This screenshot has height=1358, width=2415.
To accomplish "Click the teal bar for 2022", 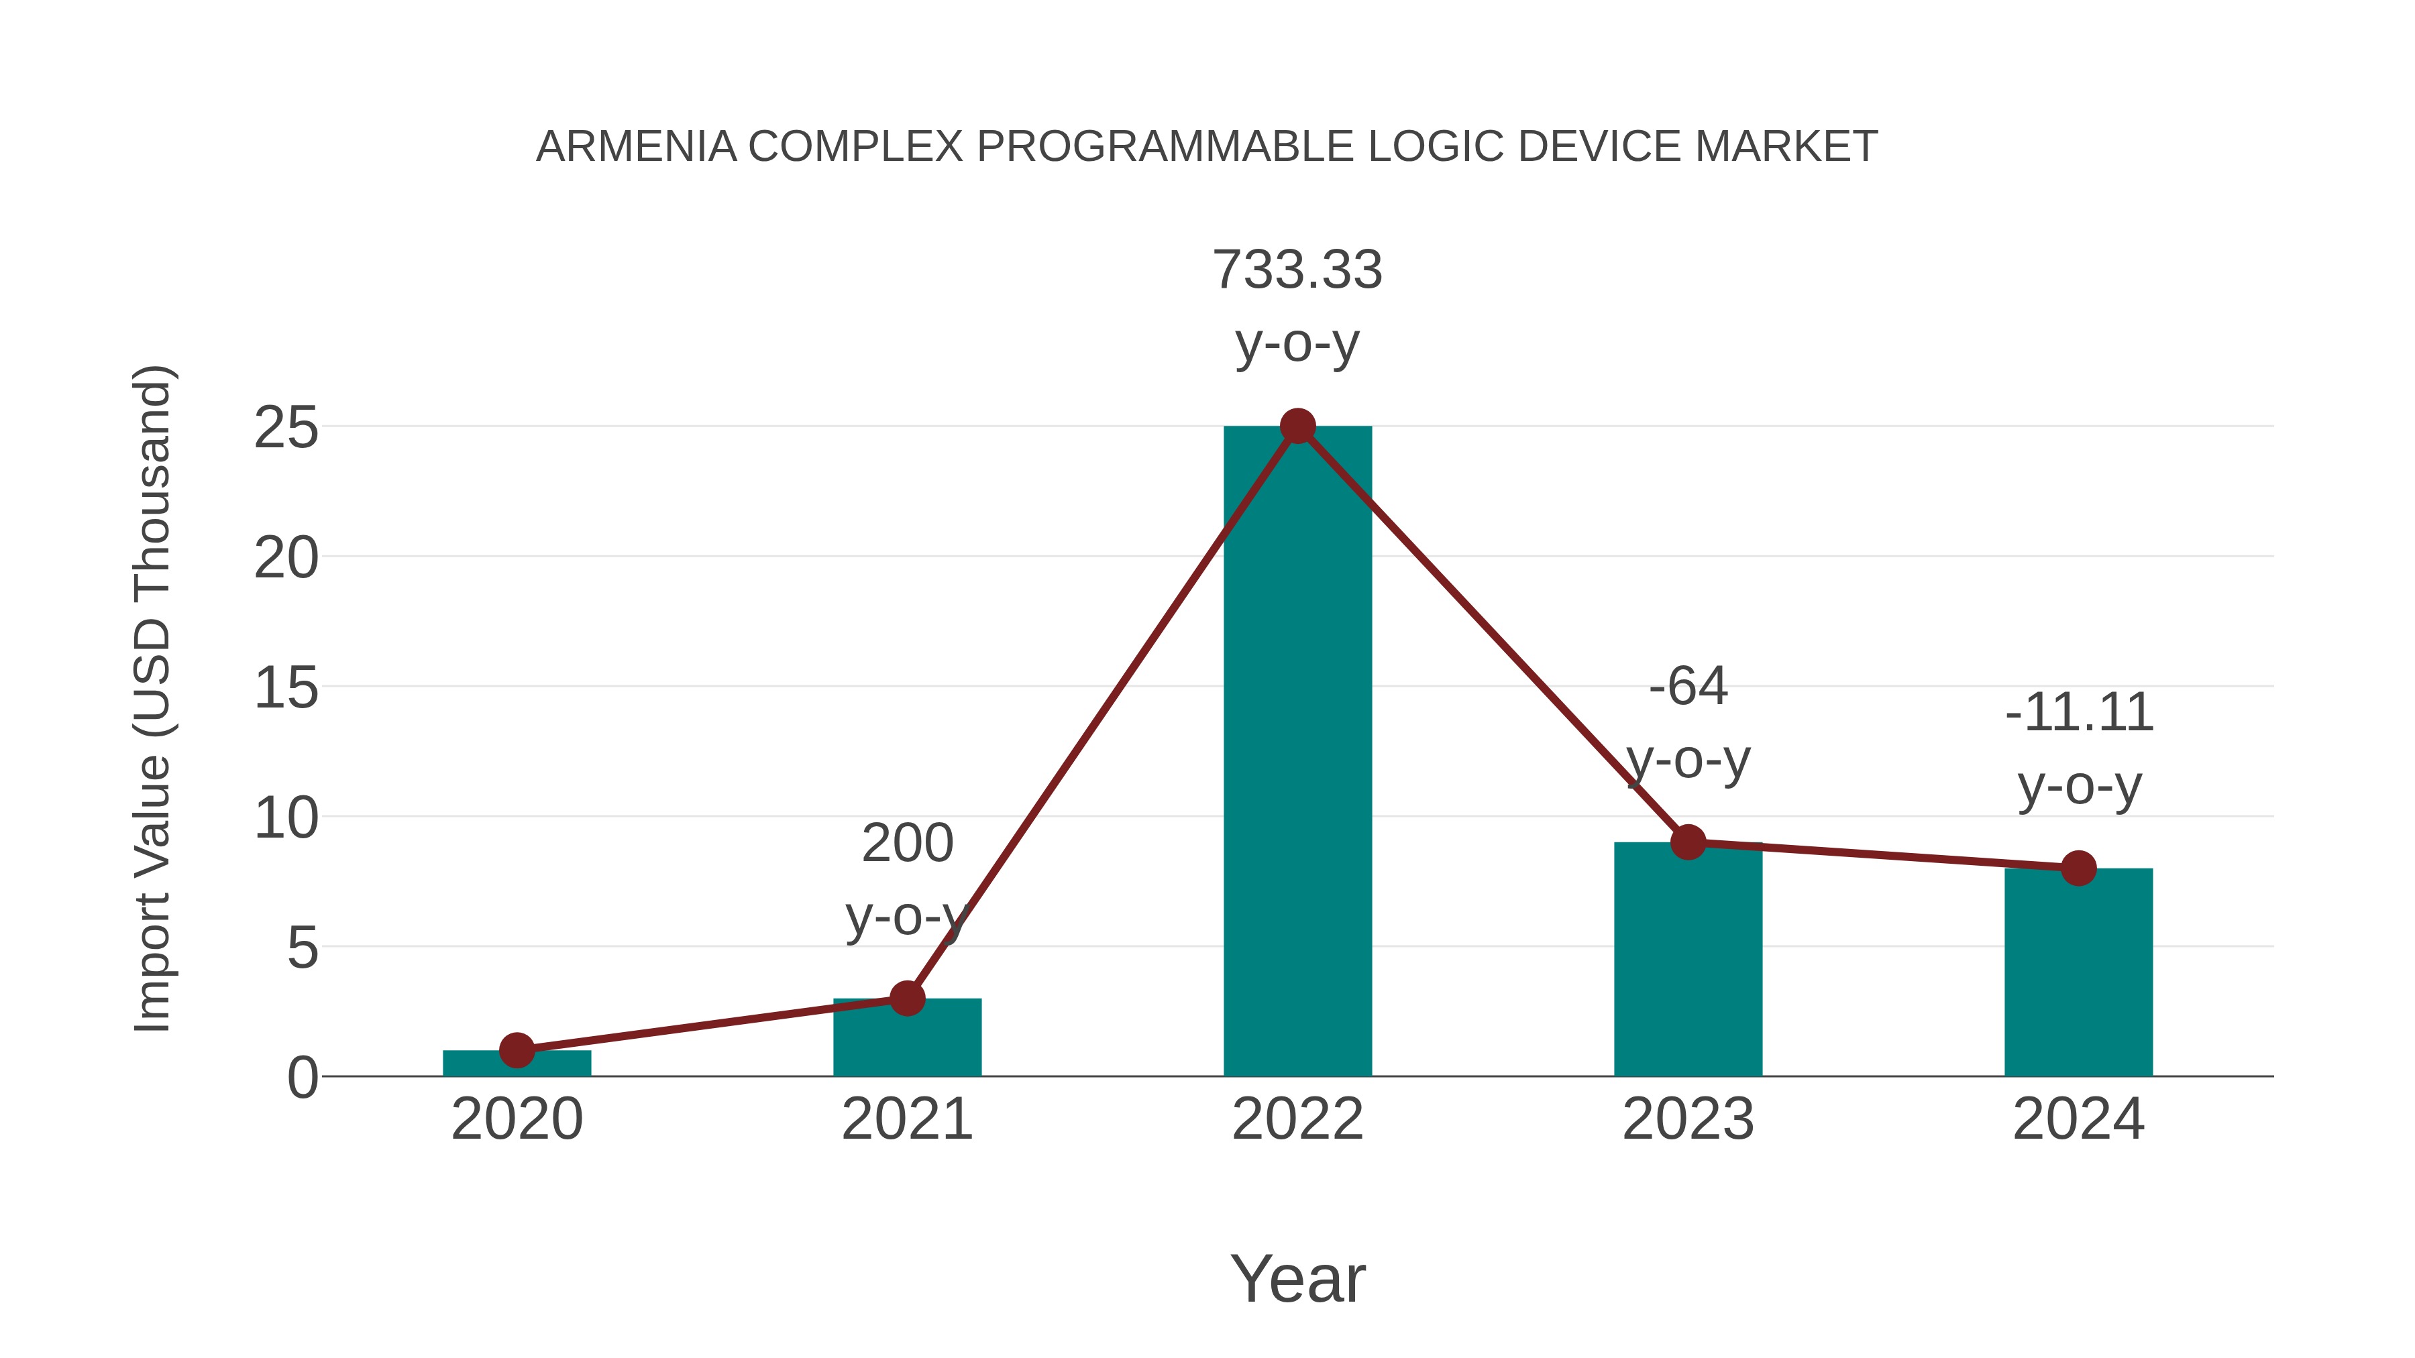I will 1297,750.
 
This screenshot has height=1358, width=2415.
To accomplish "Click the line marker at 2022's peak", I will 1297,427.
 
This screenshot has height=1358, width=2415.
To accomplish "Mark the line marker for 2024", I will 2078,868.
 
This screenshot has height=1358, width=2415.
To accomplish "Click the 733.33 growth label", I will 1297,270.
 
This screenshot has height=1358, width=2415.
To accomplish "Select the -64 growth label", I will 1688,686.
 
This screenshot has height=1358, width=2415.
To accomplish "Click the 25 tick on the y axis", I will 286,429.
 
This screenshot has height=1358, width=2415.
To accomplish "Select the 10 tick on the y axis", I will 286,818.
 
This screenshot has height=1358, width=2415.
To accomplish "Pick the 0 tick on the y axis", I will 302,1078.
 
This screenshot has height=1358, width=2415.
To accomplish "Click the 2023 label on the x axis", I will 1688,1119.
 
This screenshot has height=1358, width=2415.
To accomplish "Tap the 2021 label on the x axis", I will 906,1119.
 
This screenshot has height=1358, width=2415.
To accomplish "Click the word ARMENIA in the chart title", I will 636,147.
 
